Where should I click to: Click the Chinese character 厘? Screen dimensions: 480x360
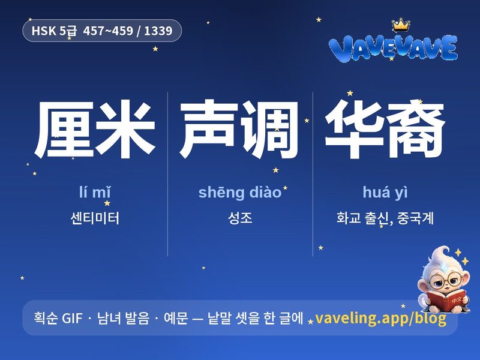pyautogui.click(x=65, y=128)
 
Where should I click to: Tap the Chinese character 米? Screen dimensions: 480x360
pyautogui.click(x=125, y=128)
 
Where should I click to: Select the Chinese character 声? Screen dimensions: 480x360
pyautogui.click(x=209, y=128)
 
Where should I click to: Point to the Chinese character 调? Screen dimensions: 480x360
pyautogui.click(x=269, y=128)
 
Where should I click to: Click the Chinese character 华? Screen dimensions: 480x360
pyautogui.click(x=355, y=128)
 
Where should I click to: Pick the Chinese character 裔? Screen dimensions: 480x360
pyautogui.click(x=415, y=128)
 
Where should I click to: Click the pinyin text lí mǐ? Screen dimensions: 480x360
pyautogui.click(x=95, y=192)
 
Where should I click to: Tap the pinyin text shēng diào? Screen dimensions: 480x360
pyautogui.click(x=240, y=193)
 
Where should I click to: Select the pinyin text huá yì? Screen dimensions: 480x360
pyautogui.click(x=385, y=193)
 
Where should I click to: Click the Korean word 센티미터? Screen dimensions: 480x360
pyautogui.click(x=95, y=218)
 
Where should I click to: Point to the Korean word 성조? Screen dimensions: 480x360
pyautogui.click(x=240, y=218)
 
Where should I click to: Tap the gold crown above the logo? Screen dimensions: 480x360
pyautogui.click(x=401, y=25)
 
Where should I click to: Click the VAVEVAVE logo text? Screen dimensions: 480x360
pyautogui.click(x=393, y=48)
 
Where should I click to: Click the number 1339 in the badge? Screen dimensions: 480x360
pyautogui.click(x=158, y=31)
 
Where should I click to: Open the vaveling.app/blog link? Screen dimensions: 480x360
pyautogui.click(x=381, y=319)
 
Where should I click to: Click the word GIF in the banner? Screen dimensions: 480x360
pyautogui.click(x=72, y=318)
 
